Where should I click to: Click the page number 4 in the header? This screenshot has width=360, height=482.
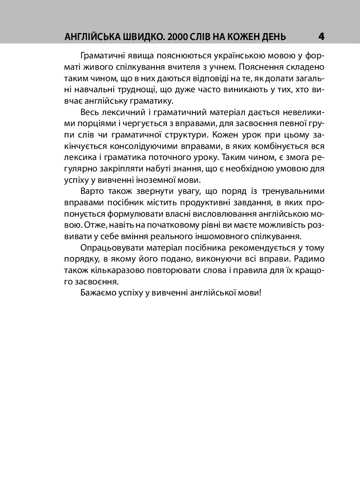point(321,36)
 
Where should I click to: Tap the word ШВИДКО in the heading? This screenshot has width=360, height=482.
point(137,37)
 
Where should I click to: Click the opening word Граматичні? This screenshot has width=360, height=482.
point(100,56)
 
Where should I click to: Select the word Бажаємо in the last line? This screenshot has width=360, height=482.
point(96,293)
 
